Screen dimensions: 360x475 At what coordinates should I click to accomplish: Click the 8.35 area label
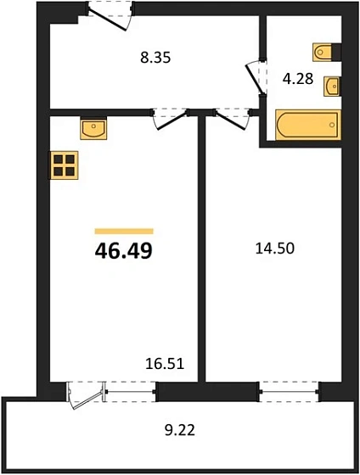click(155, 58)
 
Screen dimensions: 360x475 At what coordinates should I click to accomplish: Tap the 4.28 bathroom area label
click(297, 79)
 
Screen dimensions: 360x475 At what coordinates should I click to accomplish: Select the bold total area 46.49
click(124, 251)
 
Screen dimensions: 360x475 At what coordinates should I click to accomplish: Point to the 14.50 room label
click(275, 249)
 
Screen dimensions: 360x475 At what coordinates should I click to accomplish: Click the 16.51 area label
click(165, 363)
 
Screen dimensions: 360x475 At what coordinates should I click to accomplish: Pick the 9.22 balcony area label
click(180, 430)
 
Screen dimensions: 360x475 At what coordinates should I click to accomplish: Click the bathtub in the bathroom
click(308, 125)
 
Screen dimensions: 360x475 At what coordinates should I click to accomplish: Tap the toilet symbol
click(322, 53)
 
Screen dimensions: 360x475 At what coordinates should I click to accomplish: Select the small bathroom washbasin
click(331, 87)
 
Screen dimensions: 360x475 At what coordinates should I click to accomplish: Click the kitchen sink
click(93, 129)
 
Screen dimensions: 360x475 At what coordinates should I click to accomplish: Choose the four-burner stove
click(65, 165)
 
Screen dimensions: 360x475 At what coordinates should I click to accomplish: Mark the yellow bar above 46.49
click(124, 231)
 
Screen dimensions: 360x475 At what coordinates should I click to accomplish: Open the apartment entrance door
click(110, 16)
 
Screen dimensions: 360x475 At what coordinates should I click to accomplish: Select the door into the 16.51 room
click(171, 119)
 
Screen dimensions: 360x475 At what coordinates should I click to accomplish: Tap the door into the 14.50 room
click(233, 119)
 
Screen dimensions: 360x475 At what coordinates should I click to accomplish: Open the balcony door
click(86, 395)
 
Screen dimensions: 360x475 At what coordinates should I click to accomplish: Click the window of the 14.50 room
click(289, 392)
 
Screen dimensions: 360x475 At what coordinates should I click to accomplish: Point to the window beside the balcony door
click(131, 392)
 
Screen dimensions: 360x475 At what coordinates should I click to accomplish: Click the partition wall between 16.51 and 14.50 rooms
click(202, 249)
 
